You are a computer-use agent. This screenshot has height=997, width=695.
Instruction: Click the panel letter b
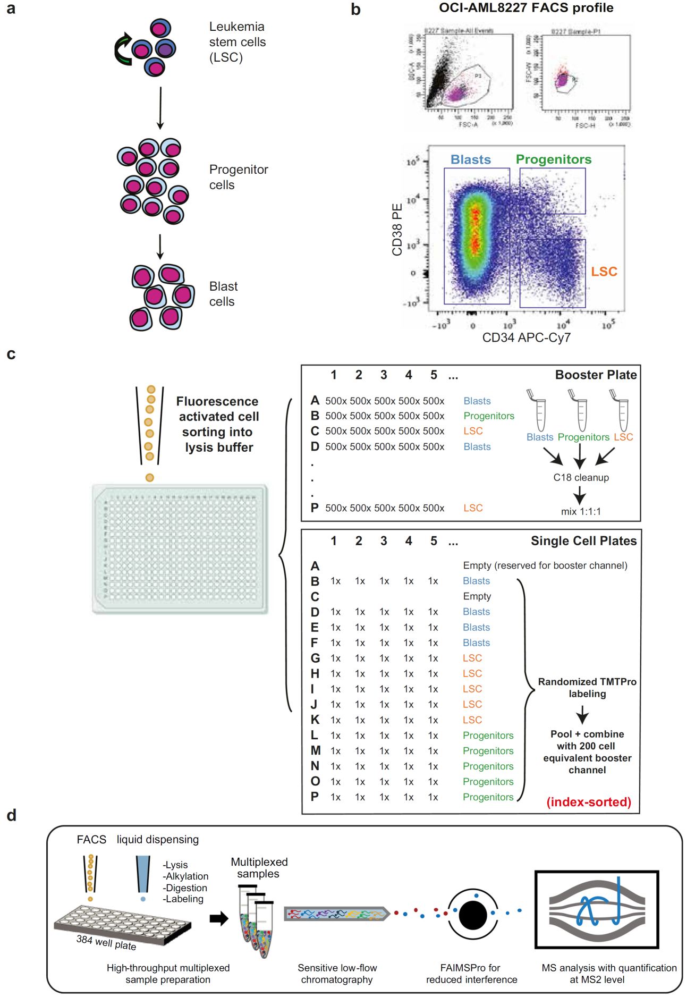356,10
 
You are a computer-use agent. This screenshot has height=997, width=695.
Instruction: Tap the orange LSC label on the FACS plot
604,272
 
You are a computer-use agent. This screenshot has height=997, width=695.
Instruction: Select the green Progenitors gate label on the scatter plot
553,159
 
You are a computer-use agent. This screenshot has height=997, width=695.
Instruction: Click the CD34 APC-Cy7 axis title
526,337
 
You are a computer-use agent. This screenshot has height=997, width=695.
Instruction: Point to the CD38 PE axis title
397,229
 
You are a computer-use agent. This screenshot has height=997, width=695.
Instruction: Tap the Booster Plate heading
596,375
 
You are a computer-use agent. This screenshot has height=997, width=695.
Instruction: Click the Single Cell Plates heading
583,540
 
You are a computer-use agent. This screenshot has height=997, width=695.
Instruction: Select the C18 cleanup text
581,477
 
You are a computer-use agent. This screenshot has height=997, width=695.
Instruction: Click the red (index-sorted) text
589,802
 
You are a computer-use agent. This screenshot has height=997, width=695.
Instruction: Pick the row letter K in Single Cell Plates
315,720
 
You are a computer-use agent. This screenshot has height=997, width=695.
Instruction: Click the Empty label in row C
477,596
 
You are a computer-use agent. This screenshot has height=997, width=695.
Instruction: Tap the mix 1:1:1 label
581,511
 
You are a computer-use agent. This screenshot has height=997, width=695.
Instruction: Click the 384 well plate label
106,942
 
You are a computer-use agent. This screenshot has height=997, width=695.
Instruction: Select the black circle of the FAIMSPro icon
472,915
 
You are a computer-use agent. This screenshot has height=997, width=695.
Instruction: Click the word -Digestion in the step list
184,888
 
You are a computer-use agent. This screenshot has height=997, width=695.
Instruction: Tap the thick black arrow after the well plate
218,918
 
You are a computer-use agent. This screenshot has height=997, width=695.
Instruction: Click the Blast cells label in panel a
223,294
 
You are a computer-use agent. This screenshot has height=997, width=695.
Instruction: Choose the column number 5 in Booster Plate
434,375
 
